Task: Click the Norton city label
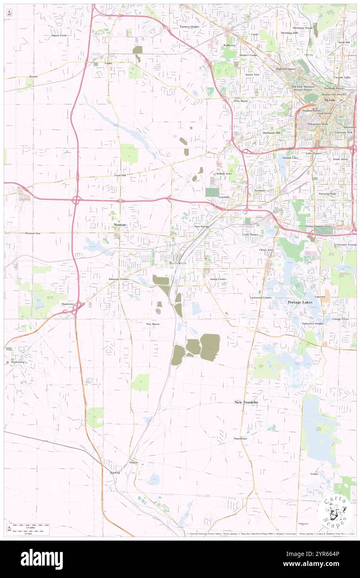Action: click(120, 225)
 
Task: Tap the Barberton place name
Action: click(178, 263)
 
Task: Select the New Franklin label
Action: click(246, 403)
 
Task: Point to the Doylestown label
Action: click(15, 362)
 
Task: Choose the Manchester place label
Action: click(240, 438)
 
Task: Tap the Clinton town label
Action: click(133, 462)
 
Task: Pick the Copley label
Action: click(108, 63)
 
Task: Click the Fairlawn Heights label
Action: click(190, 27)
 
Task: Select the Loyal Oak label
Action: click(120, 175)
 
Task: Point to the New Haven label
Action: click(153, 324)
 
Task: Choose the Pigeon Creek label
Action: click(59, 36)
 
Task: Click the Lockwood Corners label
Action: click(261, 298)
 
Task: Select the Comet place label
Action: click(314, 474)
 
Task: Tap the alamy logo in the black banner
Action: click(42, 559)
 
